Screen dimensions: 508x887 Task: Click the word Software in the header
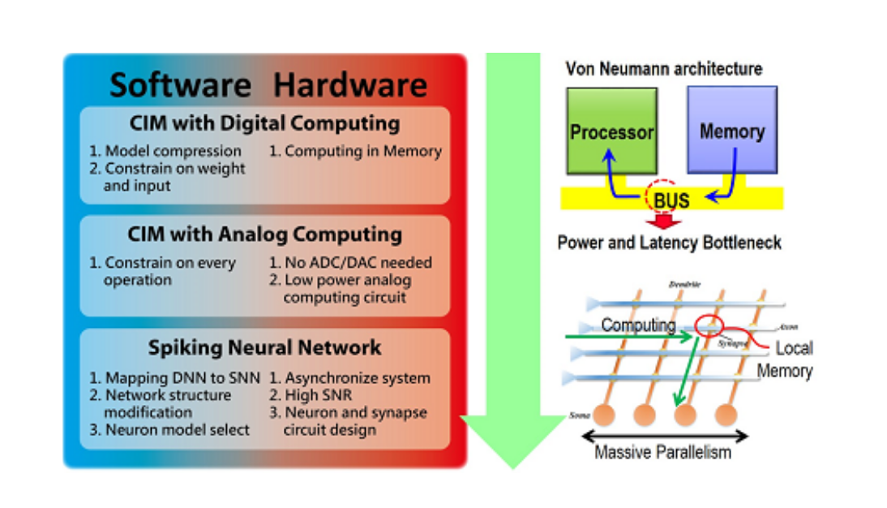coord(180,84)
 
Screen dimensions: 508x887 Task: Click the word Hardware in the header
coord(349,84)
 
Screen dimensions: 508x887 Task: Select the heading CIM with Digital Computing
coord(264,124)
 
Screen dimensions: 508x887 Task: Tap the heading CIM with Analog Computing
coord(264,235)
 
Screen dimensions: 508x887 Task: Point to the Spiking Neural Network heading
coord(264,347)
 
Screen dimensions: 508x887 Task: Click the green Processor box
coord(611,131)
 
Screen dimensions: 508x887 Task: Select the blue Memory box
coord(731,131)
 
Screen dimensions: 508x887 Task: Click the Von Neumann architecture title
coord(663,69)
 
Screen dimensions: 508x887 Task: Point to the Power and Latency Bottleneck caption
coord(670,243)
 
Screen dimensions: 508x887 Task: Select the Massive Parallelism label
coord(662,452)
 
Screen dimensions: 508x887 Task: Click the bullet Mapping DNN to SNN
coord(174,378)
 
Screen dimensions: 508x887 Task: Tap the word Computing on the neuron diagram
coord(638,325)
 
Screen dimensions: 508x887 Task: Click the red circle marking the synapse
coord(709,325)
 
